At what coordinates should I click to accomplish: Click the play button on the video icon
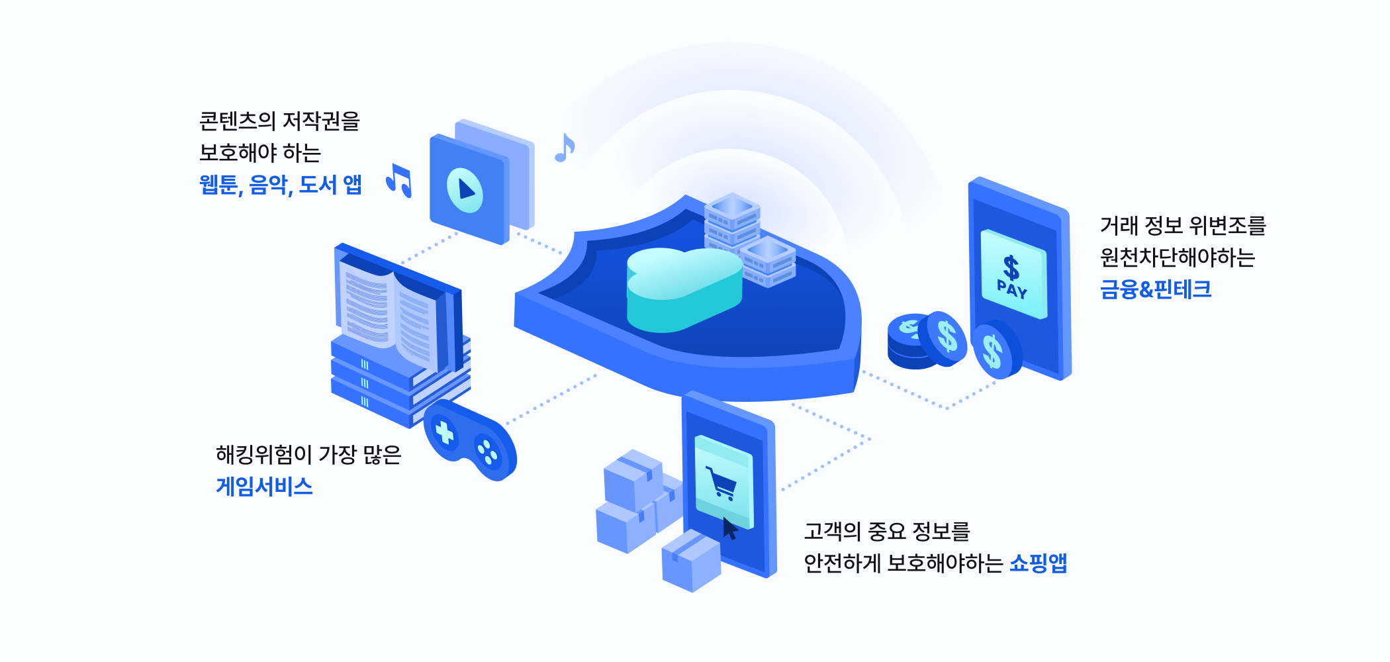tap(465, 189)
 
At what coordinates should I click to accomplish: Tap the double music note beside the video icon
tap(399, 180)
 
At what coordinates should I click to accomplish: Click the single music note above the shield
tap(564, 148)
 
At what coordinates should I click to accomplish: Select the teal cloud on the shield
tap(682, 288)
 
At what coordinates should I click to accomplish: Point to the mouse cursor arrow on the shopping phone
tap(729, 529)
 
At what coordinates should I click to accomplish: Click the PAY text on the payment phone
tap(1012, 289)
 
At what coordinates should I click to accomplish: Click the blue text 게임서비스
tap(264, 487)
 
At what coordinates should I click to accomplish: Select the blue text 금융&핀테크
tap(1155, 289)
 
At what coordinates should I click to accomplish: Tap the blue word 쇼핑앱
tap(1038, 563)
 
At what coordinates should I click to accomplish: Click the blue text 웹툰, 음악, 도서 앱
tap(281, 185)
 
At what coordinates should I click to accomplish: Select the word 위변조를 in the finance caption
tap(1227, 226)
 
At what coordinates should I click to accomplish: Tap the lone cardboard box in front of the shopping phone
tap(691, 561)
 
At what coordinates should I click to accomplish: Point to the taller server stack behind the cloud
tap(731, 222)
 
